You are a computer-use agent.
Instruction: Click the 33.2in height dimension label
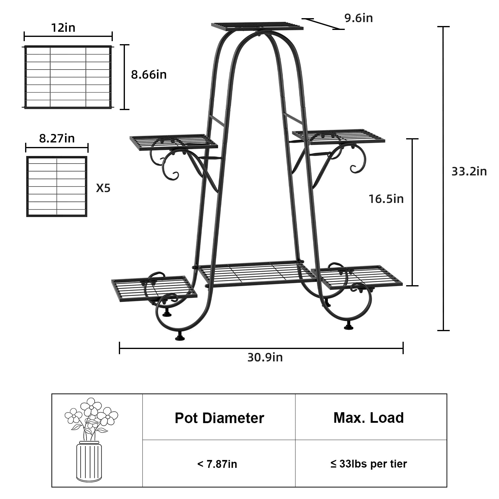[469, 171]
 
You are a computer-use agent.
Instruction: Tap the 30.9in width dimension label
[265, 357]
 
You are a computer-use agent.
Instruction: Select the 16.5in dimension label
[386, 199]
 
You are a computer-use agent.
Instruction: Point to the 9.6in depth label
[358, 18]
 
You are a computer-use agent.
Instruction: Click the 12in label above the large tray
[63, 28]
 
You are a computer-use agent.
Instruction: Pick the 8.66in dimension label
[148, 74]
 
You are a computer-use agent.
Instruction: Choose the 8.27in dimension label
[57, 138]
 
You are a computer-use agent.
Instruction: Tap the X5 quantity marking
[103, 188]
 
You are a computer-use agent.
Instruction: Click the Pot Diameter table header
[219, 418]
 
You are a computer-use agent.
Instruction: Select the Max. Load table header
[368, 418]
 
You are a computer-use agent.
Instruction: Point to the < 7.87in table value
[217, 464]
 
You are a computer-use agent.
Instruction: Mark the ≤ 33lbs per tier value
[368, 464]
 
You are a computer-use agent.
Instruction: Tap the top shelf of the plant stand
[257, 26]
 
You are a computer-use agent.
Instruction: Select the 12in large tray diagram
[68, 77]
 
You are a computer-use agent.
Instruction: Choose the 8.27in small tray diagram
[57, 186]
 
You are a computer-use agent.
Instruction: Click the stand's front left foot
[180, 337]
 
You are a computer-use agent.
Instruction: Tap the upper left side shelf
[174, 142]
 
